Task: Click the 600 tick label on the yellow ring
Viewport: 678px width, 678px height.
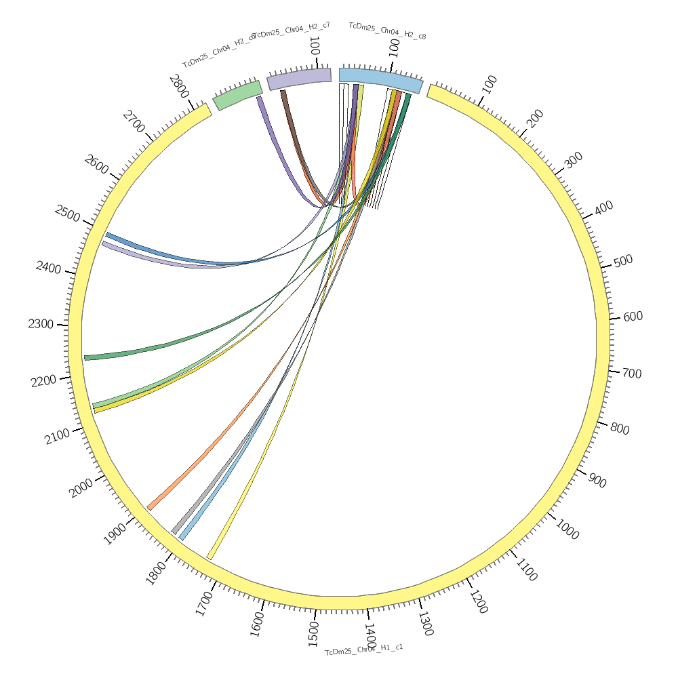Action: coord(633,317)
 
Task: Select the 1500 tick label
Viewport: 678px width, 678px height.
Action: coord(313,633)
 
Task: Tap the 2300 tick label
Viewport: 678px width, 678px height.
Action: coord(41,324)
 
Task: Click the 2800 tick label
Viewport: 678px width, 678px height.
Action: coord(179,87)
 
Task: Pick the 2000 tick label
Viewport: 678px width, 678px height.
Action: coord(81,487)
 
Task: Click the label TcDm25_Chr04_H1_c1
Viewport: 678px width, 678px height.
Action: coord(363,650)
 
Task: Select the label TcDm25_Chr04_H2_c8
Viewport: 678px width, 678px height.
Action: coord(387,31)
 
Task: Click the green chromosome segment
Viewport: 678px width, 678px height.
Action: coord(237,95)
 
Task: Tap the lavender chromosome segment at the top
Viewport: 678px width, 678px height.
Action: coord(299,78)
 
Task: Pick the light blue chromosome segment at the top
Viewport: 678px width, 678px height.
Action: coord(380,79)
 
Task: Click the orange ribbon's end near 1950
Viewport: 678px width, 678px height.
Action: coord(151,506)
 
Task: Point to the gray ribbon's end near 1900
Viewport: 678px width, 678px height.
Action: coord(175,531)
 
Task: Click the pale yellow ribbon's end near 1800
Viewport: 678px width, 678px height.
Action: coord(210,557)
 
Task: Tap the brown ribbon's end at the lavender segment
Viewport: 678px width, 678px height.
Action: coord(284,94)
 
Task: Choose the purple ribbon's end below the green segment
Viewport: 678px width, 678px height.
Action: coord(259,100)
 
